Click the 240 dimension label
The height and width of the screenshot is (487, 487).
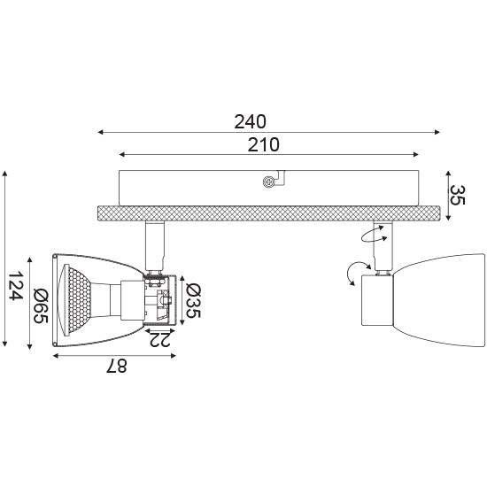point(250,122)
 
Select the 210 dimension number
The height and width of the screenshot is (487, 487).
point(263,144)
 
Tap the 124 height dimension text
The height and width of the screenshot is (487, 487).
point(15,285)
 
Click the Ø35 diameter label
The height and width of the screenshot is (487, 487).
point(193,301)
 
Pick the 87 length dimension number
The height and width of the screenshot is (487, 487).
point(117,366)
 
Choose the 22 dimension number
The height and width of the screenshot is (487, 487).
point(159,339)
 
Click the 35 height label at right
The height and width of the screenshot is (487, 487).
point(458,195)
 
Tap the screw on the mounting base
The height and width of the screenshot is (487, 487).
point(268,182)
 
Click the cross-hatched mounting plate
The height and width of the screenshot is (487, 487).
point(268,213)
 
